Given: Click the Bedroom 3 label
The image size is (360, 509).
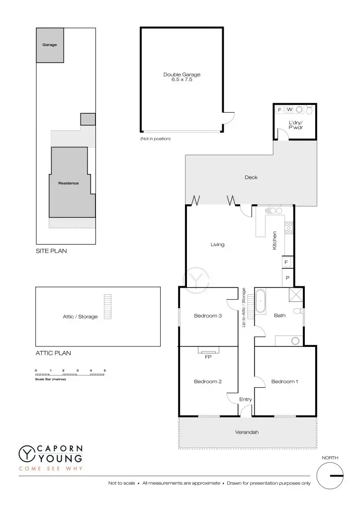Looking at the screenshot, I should point(208,315).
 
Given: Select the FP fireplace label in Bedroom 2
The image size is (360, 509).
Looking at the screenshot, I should point(208,356).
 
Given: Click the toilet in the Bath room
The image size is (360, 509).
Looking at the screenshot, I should point(298,311).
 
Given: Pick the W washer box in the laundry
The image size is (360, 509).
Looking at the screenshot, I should point(289,109).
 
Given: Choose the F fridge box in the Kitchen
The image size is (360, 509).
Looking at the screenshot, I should point(286,261).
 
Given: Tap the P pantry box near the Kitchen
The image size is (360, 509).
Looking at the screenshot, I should point(287,278).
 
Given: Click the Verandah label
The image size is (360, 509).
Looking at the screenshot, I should point(247,432).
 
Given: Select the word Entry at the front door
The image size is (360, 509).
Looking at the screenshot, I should point(246,399).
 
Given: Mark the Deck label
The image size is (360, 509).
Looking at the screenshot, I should point(251,177).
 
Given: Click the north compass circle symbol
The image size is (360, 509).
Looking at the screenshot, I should point(330,475).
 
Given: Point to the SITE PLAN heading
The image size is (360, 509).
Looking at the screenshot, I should point(51,252).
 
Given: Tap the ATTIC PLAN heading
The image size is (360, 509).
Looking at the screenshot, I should point(53,353).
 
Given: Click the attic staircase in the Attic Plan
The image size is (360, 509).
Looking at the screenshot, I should point(107,307).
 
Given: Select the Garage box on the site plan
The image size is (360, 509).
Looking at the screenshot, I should point(50,45).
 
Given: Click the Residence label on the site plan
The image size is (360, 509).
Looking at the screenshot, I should point(69,183).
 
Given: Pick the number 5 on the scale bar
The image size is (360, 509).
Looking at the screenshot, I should point(105,371).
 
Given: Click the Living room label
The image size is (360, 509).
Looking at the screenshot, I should point(217,245).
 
